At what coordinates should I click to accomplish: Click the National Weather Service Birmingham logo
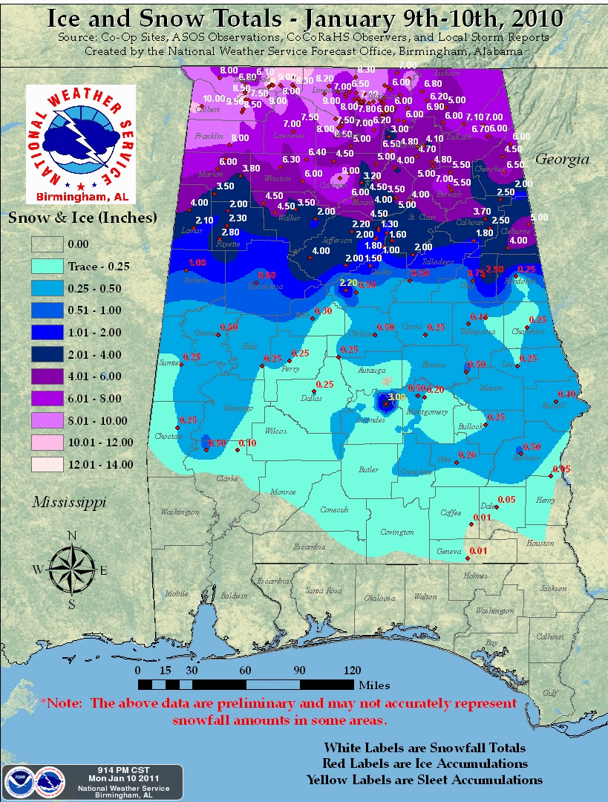[81, 143]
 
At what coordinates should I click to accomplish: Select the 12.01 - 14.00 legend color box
[47, 464]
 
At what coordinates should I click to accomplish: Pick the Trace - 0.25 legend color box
[47, 266]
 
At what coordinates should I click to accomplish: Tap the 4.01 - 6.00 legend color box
[47, 376]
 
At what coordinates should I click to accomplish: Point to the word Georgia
[562, 159]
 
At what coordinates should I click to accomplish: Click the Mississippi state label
[68, 503]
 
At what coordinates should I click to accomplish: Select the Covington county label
[396, 532]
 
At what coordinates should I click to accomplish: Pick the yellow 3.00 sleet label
[397, 397]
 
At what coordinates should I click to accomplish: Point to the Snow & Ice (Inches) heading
[82, 218]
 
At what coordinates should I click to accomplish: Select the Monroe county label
[283, 492]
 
